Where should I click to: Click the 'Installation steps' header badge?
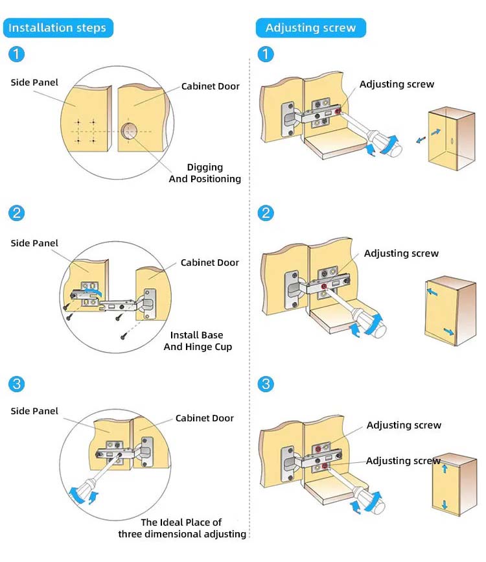58,28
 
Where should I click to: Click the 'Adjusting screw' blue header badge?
310,28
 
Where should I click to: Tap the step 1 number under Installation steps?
17,54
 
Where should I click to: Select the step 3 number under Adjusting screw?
265,384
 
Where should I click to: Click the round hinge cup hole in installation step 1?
128,132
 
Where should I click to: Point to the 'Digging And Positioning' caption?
205,173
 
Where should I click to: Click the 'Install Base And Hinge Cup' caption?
197,341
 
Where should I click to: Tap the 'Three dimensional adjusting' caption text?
182,528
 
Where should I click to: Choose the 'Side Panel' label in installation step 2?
34,243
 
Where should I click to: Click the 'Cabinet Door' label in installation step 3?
205,418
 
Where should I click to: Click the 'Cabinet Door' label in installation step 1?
211,86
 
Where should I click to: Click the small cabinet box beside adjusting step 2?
450,310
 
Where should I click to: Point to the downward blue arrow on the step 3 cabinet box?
445,504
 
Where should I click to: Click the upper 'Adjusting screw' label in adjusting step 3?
404,425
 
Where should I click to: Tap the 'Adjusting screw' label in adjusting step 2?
401,253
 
